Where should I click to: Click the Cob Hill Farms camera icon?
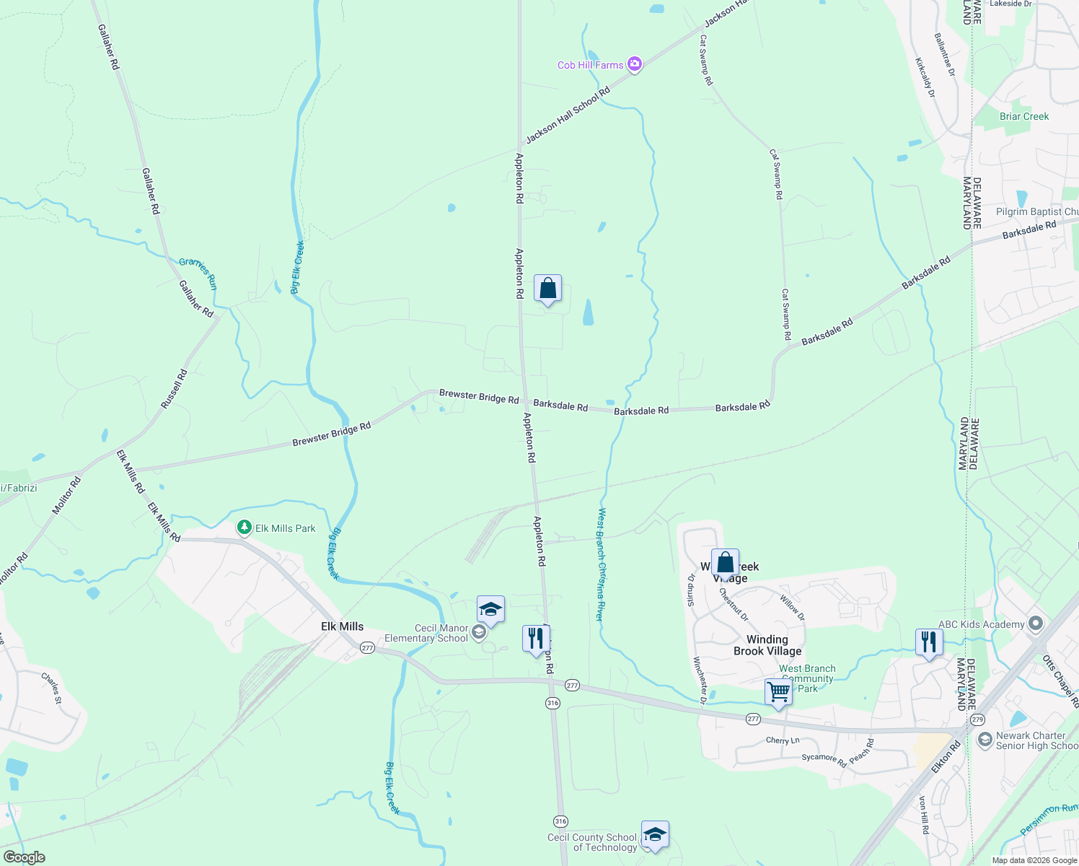pos(635,65)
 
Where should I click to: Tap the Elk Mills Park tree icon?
pos(245,528)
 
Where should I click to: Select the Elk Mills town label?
pos(342,626)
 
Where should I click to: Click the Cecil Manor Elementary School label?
pos(426,633)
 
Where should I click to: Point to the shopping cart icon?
pos(778,691)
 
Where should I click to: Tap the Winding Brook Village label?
pos(767,645)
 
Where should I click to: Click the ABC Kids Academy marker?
pos(1036,623)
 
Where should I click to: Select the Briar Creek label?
pos(1024,116)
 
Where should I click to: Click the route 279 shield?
pos(977,720)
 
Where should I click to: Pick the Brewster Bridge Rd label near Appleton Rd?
pos(479,397)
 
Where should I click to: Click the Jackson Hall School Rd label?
pos(568,115)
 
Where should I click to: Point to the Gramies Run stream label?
pos(198,274)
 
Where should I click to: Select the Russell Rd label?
pos(174,390)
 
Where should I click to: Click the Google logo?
pos(25,857)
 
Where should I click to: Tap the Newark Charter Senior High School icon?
pos(985,740)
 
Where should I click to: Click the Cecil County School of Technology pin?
pos(654,835)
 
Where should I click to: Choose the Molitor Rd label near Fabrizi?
pos(66,496)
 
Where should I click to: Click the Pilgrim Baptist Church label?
pos(1037,211)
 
